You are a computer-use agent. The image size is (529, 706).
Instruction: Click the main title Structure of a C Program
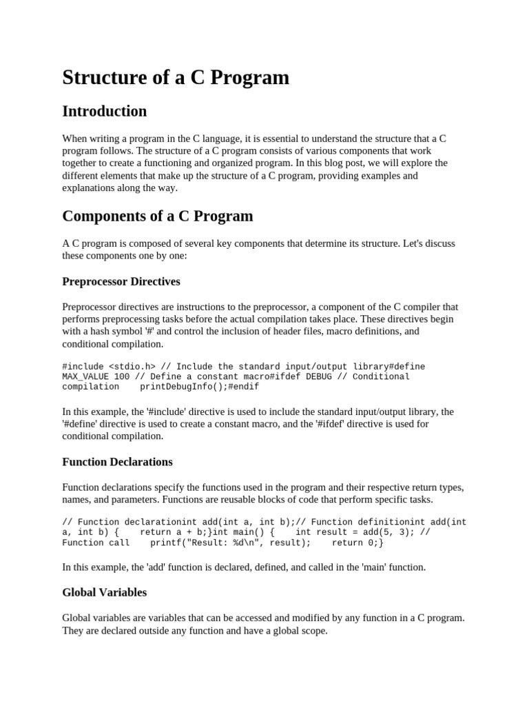point(176,78)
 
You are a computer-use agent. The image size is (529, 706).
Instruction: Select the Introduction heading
point(104,111)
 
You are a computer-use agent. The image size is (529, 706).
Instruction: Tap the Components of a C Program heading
point(157,216)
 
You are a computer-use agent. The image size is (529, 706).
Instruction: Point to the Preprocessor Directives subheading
point(121,281)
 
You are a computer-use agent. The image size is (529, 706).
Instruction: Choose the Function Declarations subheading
point(117,461)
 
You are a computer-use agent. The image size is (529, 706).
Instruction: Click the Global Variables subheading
point(104,592)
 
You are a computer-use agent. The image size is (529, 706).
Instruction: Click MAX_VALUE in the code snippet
point(85,376)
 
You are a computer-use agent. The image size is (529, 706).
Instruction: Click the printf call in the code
point(165,543)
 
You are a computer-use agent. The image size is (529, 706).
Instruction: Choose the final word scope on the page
point(313,630)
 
